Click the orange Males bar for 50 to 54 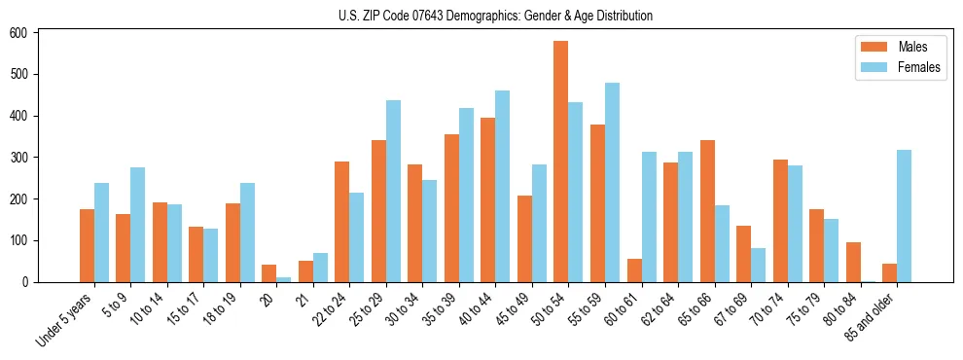coord(560,162)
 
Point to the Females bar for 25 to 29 coord(393,191)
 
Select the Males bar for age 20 coord(268,273)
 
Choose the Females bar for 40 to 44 coord(502,186)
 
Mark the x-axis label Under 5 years coord(66,319)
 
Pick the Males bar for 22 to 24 coord(341,222)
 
